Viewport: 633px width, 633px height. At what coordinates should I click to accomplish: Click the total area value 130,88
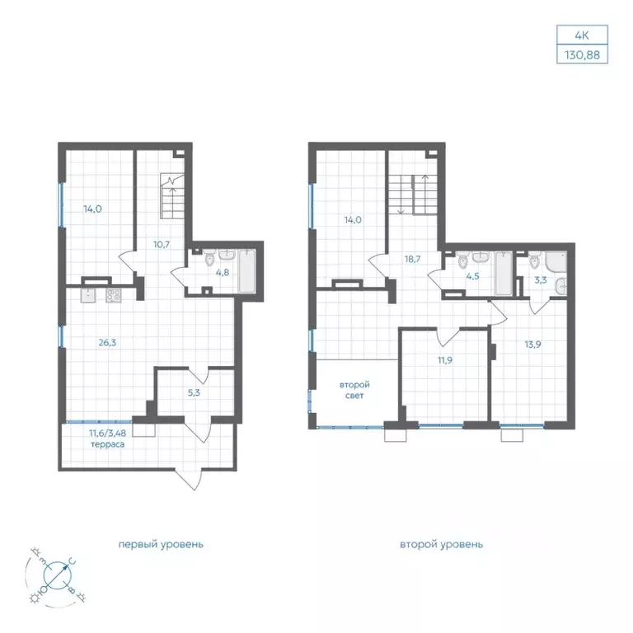click(x=582, y=54)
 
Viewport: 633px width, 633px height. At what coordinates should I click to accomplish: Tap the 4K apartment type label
click(x=582, y=35)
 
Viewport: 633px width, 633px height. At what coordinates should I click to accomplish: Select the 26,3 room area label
click(x=107, y=343)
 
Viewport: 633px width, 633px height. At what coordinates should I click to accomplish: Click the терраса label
click(x=107, y=444)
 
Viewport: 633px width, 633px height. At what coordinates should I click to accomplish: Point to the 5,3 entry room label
click(x=194, y=392)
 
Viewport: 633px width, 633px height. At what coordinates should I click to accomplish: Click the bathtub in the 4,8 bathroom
click(x=246, y=271)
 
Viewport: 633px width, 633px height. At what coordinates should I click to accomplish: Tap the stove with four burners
click(x=114, y=296)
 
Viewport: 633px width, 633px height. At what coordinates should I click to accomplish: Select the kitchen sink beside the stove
click(x=88, y=296)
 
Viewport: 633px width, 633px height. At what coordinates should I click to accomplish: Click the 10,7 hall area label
click(x=161, y=244)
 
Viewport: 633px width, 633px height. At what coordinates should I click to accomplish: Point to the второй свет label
click(x=354, y=391)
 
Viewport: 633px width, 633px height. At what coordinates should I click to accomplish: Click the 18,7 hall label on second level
click(x=413, y=259)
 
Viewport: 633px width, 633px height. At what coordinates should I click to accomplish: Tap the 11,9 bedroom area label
click(x=445, y=360)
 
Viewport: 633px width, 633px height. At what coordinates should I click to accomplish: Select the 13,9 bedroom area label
click(x=533, y=345)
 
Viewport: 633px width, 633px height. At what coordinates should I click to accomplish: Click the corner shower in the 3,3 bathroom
click(x=556, y=261)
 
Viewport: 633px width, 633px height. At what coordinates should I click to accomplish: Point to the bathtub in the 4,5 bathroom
click(x=503, y=274)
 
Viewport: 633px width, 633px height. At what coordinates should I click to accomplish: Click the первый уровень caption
click(x=161, y=544)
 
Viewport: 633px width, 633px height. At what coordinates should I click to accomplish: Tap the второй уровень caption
click(x=441, y=544)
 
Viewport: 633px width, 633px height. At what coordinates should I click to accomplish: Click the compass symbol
click(x=56, y=574)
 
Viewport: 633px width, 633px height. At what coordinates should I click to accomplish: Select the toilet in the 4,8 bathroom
click(x=209, y=260)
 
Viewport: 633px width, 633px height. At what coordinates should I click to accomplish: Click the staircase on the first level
click(x=172, y=196)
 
